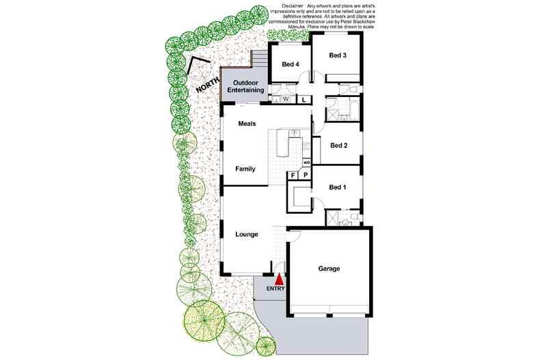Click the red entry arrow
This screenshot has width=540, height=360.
coord(280,279)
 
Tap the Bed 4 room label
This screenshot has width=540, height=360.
coord(291,64)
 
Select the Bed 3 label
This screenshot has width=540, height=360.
coord(338,55)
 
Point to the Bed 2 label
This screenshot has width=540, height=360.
coord(338,146)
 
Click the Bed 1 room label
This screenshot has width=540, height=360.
coord(338,187)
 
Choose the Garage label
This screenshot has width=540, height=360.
coord(329,268)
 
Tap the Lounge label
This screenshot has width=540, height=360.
coord(247,234)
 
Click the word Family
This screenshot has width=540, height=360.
coord(245,169)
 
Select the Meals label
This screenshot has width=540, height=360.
coord(247,124)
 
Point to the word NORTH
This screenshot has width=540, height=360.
coord(208,85)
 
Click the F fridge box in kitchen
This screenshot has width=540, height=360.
coord(293,176)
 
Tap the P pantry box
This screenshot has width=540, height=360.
coord(306,176)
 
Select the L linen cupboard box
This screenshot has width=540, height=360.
coord(303,100)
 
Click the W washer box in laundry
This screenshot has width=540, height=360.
coord(286,100)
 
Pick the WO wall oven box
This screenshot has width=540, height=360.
coord(306,163)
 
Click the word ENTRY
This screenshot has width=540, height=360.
coord(275,289)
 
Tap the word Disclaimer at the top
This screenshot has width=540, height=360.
coord(293,6)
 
